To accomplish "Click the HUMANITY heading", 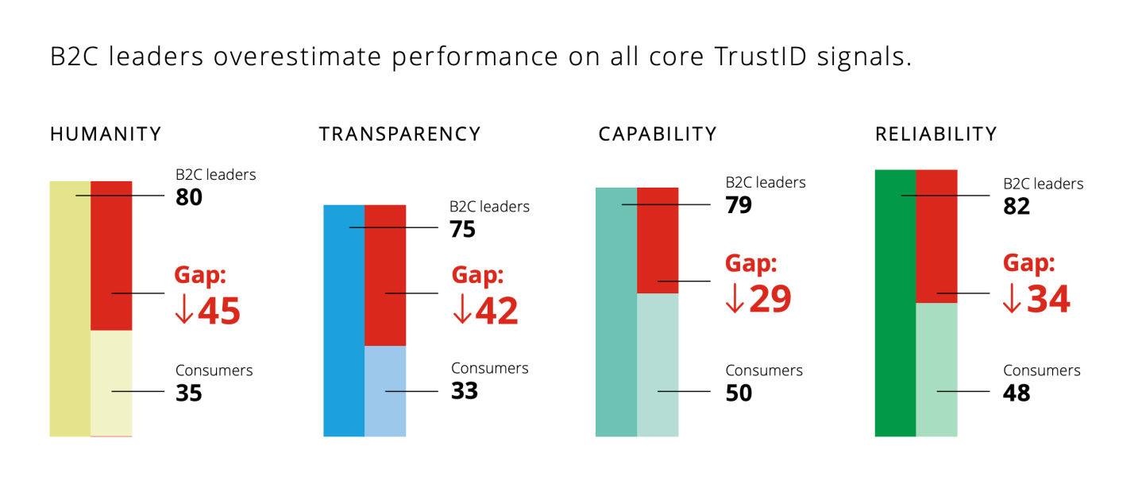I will [106, 134].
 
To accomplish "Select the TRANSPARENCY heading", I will [399, 134].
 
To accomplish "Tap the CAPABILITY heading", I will [658, 134].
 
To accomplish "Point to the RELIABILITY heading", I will [936, 134].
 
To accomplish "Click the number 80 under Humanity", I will [189, 197].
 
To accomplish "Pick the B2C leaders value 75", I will [462, 230].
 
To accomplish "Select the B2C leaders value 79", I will [739, 206].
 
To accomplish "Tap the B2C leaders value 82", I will [1017, 207].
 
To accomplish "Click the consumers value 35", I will [189, 393].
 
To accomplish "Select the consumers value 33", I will [465, 391].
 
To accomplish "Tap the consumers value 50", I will [739, 393].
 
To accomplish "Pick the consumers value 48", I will [1017, 393].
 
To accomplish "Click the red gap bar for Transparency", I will [385, 275].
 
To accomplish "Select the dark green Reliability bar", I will [895, 302].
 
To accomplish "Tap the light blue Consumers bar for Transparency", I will [385, 391].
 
